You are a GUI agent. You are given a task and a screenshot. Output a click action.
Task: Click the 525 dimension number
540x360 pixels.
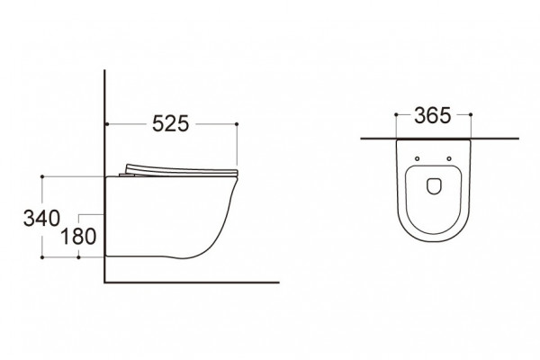[170, 123]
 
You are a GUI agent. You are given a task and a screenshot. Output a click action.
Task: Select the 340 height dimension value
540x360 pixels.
[41, 218]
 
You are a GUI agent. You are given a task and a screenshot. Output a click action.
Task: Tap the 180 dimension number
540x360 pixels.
[78, 237]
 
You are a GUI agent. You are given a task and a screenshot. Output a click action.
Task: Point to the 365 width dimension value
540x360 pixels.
[432, 115]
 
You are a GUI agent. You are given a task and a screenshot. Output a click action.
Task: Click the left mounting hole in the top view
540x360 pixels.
[417, 158]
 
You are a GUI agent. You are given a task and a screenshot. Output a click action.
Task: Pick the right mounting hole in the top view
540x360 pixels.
[449, 158]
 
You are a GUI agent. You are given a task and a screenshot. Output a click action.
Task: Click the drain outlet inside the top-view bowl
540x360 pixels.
[434, 186]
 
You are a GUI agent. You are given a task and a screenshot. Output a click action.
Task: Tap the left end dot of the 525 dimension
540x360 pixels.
[107, 123]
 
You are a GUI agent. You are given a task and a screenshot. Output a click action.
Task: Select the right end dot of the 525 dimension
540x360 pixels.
[237, 123]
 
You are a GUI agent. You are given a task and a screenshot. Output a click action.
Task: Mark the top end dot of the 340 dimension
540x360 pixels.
[42, 176]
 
